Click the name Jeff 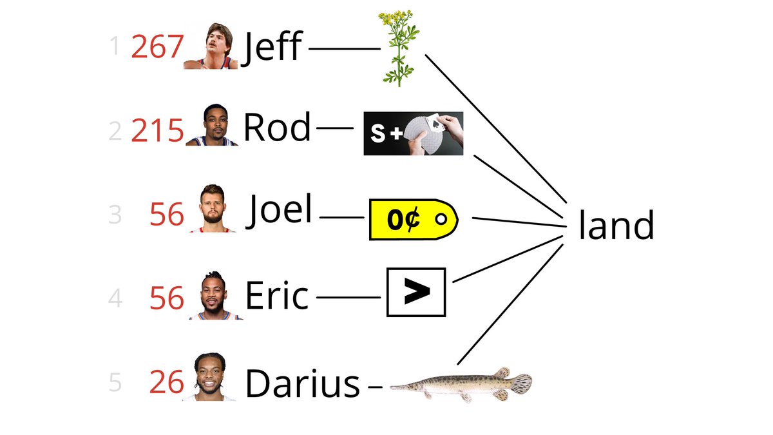[272, 48]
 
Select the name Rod [276, 128]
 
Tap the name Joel [281, 210]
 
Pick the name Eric [276, 296]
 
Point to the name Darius [302, 384]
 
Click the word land [616, 226]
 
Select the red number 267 [157, 47]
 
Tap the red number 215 [157, 131]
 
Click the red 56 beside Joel [166, 215]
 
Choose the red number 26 [167, 383]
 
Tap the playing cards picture [414, 133]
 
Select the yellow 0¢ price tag [413, 219]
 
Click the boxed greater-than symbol [416, 292]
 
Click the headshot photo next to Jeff [211, 46]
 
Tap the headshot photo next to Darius [210, 377]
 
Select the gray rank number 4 [115, 299]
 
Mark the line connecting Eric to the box [348, 297]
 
